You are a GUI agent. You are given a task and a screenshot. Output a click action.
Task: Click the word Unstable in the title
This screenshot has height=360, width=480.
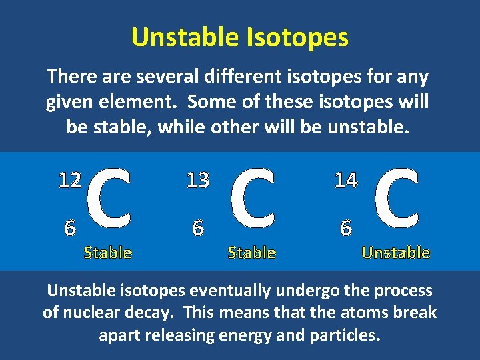tap(182, 37)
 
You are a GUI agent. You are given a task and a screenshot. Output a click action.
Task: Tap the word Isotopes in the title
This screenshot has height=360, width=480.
tap(294, 38)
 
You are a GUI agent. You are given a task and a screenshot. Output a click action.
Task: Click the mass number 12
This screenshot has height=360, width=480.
tap(70, 180)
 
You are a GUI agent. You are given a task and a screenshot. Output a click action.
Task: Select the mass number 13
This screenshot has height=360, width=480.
tap(198, 180)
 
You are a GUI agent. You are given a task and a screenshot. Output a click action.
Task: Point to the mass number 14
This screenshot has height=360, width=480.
tap(346, 180)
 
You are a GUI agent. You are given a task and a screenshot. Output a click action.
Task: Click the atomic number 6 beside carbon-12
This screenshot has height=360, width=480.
tap(69, 228)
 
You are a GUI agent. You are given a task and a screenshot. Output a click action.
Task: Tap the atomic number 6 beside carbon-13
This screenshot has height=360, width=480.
tap(197, 228)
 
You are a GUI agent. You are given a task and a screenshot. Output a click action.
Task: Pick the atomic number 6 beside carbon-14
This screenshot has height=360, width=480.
tap(345, 228)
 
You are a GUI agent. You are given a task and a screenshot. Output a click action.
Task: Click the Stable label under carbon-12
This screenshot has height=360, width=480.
tap(107, 253)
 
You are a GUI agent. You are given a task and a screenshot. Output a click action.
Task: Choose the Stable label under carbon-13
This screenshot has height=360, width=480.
tap(251, 253)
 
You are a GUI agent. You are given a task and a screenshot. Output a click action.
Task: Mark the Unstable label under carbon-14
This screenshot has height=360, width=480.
tap(395, 253)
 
